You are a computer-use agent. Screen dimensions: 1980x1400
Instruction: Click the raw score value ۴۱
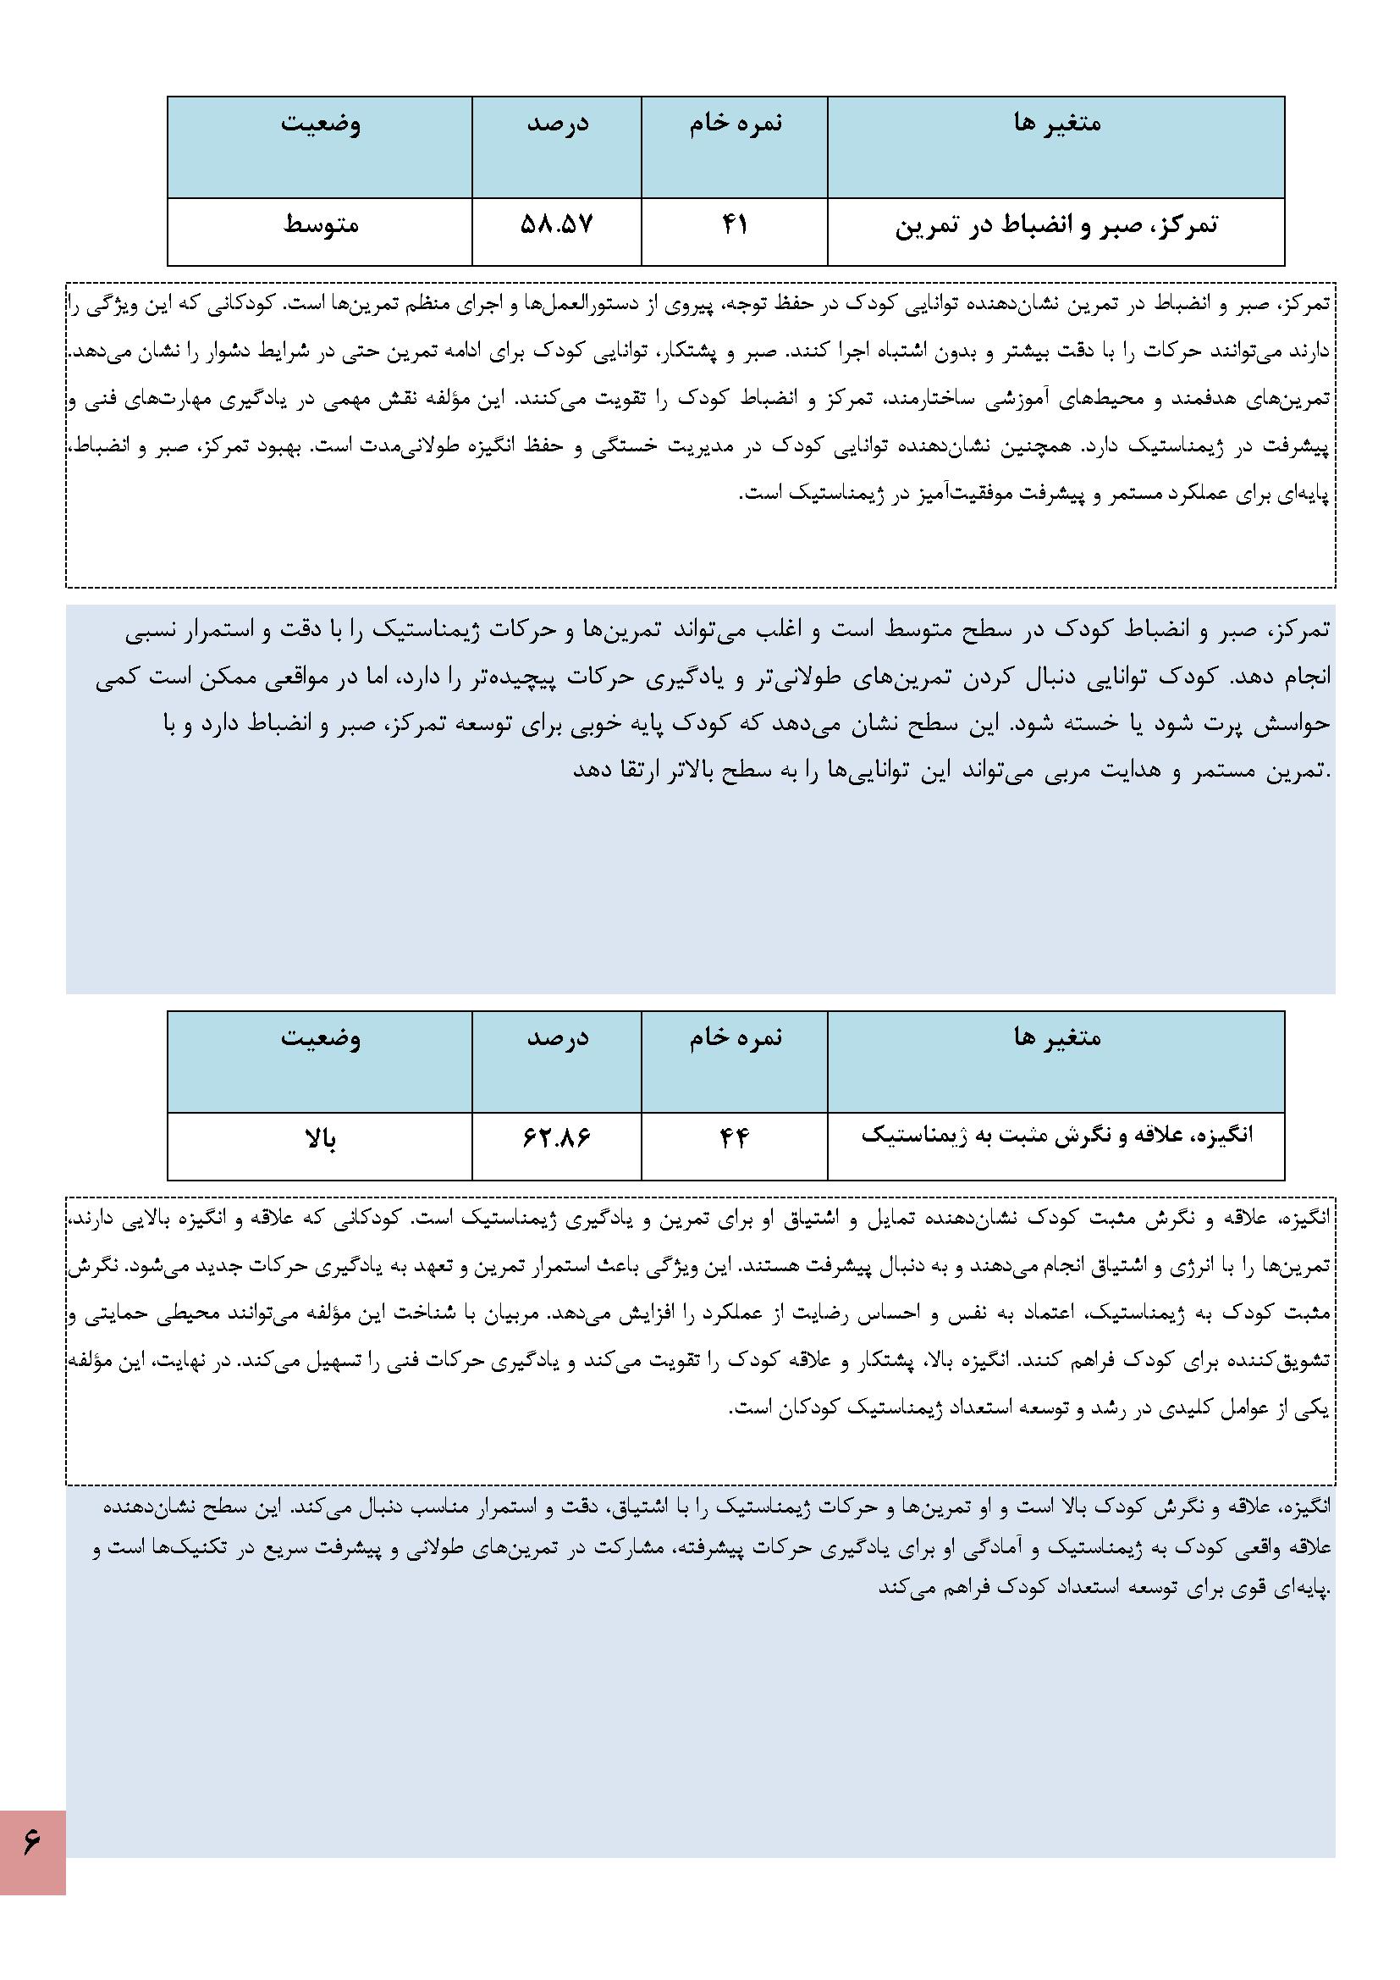(734, 226)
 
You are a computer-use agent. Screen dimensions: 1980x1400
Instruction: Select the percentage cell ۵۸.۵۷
(557, 226)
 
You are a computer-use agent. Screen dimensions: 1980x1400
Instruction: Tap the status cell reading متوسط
(320, 226)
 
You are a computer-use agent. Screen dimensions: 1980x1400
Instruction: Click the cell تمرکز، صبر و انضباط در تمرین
(1056, 226)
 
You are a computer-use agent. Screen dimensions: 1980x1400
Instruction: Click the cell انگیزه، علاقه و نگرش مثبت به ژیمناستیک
(1056, 1136)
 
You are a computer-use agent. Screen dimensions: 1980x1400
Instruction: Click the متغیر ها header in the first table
(1057, 124)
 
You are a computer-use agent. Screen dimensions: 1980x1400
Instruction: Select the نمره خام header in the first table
(736, 124)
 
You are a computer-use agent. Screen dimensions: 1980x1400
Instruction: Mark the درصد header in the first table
(557, 124)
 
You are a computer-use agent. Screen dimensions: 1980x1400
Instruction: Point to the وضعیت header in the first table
(320, 124)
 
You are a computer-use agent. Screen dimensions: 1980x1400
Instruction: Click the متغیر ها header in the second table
(1057, 1038)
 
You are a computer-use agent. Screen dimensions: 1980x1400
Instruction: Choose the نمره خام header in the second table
(736, 1038)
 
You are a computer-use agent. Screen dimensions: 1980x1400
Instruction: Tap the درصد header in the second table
(557, 1038)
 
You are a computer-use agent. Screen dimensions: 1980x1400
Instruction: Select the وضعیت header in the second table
(320, 1038)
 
